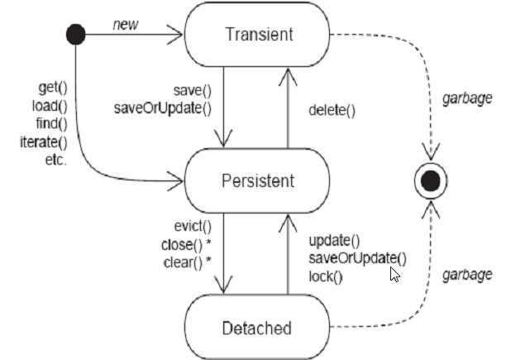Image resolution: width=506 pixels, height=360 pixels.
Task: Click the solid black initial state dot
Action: coord(76,36)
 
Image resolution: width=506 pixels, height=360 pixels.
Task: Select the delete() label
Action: coord(332,109)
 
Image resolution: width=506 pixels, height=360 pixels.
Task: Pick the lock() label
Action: coord(325,276)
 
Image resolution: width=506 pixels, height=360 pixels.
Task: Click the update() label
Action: coord(334,241)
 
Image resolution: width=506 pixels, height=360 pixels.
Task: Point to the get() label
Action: coord(52,87)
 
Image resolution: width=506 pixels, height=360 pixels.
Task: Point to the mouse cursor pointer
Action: coord(394,273)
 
